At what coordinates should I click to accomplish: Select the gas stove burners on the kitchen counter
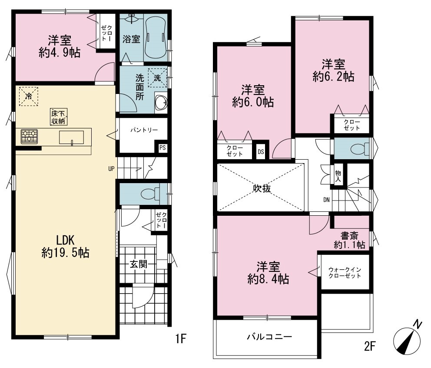[29, 137]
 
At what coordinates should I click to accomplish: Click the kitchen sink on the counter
[71, 137]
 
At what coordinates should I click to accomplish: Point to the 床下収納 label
[59, 117]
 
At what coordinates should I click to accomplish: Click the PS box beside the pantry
[162, 148]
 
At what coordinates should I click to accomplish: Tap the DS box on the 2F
[261, 152]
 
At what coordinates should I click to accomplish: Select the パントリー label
[144, 130]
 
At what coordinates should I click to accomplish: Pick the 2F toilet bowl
[360, 149]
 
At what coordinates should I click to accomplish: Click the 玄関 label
[139, 264]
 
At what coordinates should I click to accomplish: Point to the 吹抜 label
[262, 188]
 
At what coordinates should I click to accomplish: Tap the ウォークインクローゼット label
[345, 272]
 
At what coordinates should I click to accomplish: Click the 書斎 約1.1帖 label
[349, 240]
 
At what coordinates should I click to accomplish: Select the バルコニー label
[269, 337]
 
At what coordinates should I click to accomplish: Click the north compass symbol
[408, 339]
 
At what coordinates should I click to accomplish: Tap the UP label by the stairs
[111, 169]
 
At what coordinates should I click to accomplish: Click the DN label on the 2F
[326, 200]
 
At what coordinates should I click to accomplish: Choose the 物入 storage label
[338, 176]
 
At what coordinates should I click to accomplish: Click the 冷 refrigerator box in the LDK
[28, 96]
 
